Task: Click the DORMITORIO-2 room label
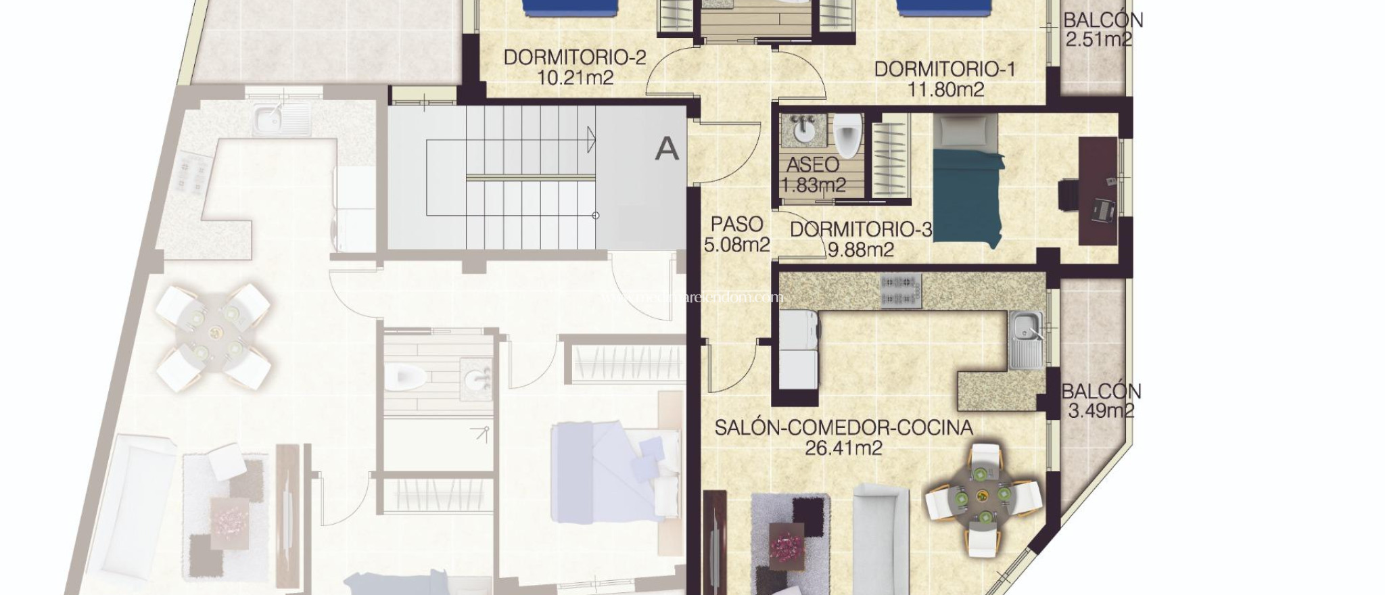575,57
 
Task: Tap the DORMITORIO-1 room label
945,69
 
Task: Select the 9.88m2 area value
861,250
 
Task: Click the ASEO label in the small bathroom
812,164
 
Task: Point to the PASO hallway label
737,224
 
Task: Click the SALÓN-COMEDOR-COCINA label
844,427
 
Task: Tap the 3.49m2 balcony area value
1101,410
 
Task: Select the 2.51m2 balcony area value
1098,39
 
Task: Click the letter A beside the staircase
667,148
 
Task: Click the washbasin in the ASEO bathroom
803,131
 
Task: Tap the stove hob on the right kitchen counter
901,291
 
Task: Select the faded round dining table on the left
214,332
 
